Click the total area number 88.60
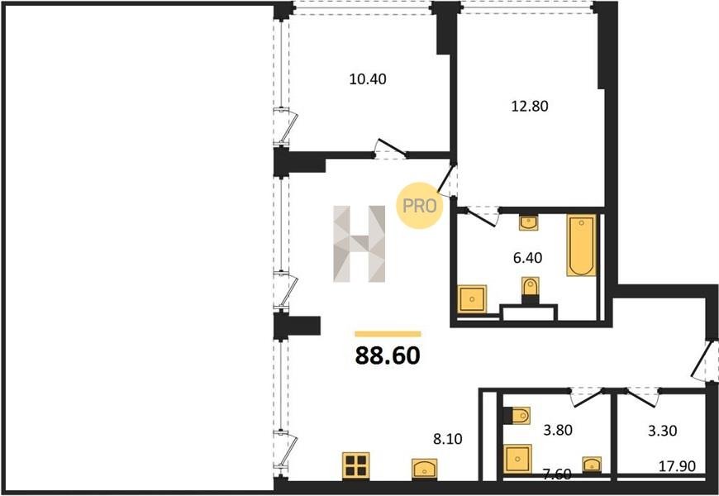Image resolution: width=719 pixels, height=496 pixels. (x=388, y=355)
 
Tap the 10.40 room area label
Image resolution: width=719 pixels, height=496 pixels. (x=368, y=79)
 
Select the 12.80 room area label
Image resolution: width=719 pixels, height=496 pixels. (x=530, y=107)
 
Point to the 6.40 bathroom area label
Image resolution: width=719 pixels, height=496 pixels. (x=527, y=258)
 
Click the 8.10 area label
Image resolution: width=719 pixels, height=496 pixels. (x=448, y=439)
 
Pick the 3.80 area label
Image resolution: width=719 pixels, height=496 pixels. (x=558, y=431)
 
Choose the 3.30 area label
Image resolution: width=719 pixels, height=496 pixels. (x=663, y=431)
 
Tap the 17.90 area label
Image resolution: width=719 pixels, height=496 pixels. (x=678, y=466)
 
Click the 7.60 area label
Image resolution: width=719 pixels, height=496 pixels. (x=557, y=474)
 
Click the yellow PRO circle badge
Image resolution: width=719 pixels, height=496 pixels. (x=419, y=206)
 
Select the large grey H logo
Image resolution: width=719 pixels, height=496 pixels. (x=359, y=244)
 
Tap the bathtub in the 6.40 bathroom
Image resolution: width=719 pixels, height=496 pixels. (x=581, y=246)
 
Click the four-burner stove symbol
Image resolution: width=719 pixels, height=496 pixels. (x=356, y=465)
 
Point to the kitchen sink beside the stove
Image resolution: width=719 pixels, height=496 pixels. (x=424, y=469)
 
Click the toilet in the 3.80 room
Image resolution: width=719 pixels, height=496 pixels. (x=517, y=416)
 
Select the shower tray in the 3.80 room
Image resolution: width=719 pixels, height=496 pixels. (x=517, y=459)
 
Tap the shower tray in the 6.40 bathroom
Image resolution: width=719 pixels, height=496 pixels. (x=472, y=299)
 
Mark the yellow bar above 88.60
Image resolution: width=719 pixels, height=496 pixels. (x=388, y=334)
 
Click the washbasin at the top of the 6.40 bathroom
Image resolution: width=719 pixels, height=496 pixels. (x=529, y=222)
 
